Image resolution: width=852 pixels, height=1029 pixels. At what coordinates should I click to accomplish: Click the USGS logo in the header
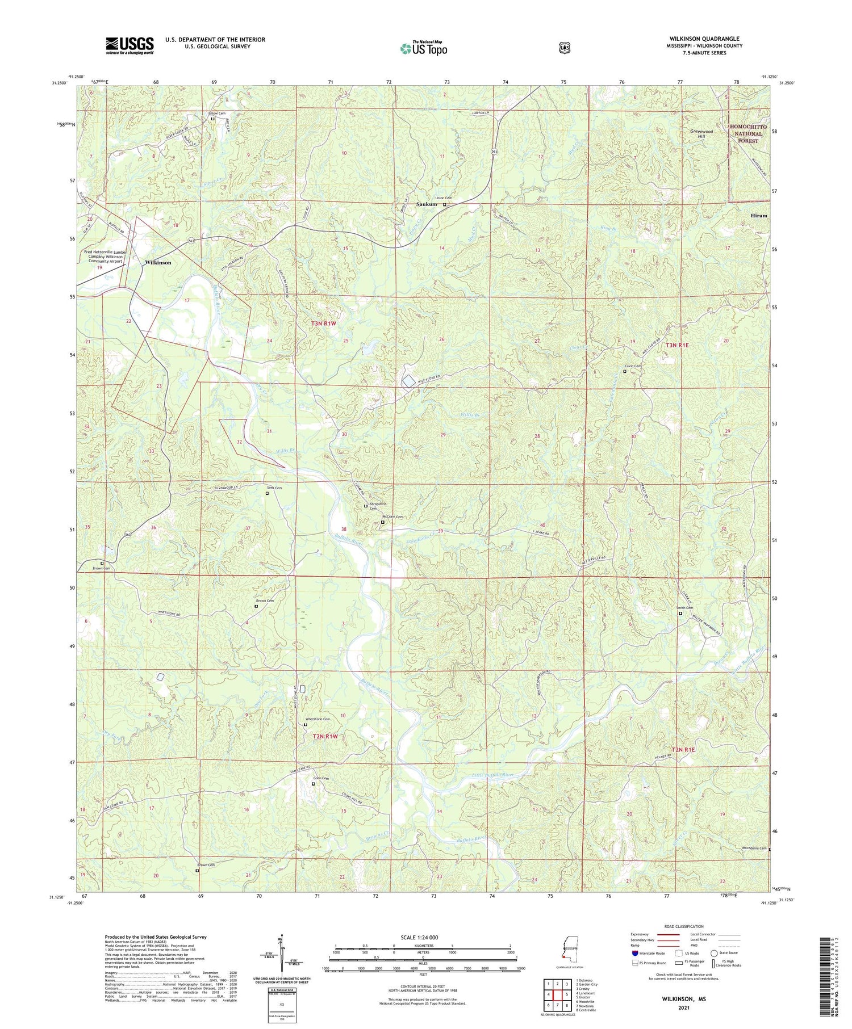pos(130,45)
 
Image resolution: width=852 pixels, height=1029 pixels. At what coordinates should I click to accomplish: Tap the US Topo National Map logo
pos(423,48)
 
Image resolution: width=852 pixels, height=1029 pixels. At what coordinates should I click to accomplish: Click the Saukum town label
pos(427,204)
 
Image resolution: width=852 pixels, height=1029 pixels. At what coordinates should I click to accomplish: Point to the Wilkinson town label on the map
pos(158,263)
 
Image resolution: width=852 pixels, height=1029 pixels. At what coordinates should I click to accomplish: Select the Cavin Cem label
pos(633,366)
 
